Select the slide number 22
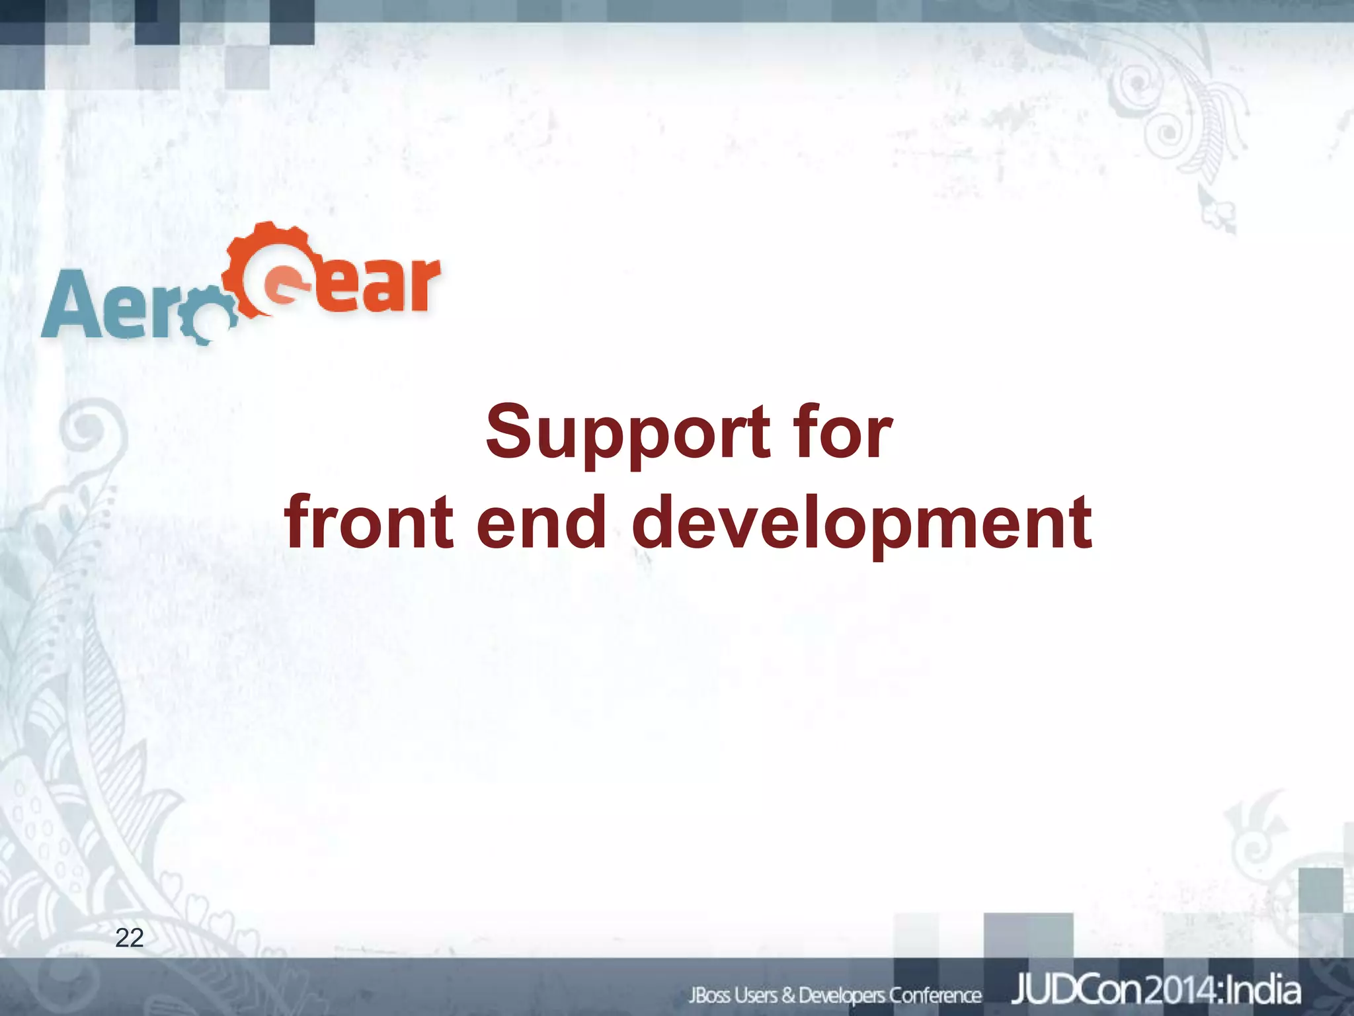[129, 937]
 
